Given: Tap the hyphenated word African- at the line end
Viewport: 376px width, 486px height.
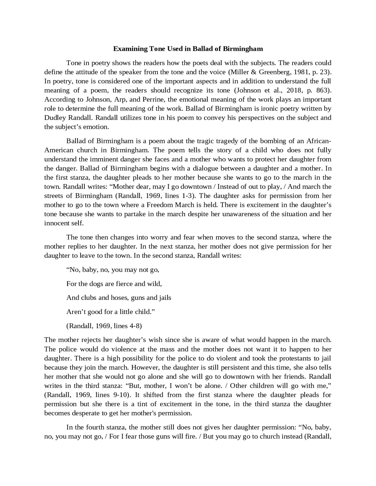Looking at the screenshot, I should click(x=319, y=141).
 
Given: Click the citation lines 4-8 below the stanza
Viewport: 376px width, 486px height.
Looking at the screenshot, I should click(x=126, y=326).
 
